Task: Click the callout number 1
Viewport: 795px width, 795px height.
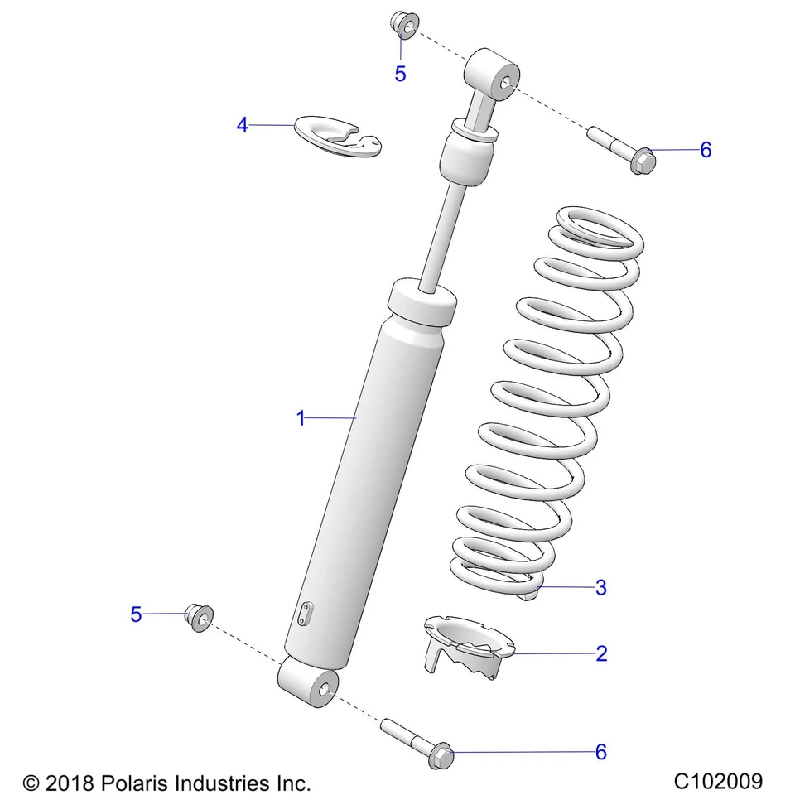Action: coord(301,418)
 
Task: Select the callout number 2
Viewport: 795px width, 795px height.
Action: coord(601,653)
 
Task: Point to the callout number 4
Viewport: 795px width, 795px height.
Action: coord(242,125)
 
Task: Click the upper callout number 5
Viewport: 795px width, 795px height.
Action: coord(400,74)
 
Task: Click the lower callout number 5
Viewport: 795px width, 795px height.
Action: coord(136,614)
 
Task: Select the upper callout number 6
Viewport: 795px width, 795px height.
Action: coord(705,150)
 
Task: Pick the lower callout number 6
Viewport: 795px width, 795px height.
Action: coord(601,751)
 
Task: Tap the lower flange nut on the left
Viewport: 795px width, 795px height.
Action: coord(200,617)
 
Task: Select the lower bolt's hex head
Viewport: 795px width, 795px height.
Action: coord(442,755)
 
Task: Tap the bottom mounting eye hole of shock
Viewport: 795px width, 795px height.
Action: coord(322,687)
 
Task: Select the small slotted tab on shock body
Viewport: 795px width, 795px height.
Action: coord(306,614)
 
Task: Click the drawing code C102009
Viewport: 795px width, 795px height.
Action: coord(717,780)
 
